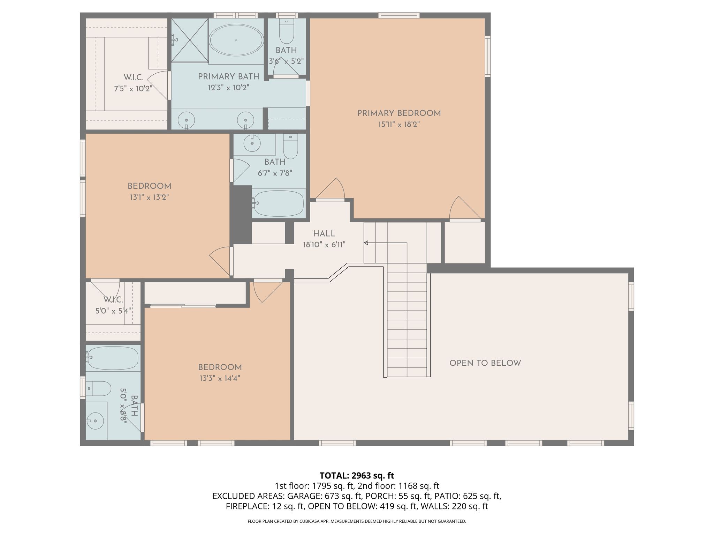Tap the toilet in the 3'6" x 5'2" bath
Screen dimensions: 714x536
pyautogui.click(x=287, y=31)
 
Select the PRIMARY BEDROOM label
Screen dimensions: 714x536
pyautogui.click(x=399, y=113)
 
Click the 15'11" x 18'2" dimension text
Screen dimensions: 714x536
pyautogui.click(x=399, y=125)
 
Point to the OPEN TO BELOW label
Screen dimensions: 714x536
pyautogui.click(x=485, y=363)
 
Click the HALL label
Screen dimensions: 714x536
pyautogui.click(x=324, y=234)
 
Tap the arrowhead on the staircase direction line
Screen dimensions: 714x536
pyautogui.click(x=366, y=243)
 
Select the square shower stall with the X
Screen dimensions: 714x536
pyautogui.click(x=190, y=40)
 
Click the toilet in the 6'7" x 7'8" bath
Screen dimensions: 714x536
pyautogui.click(x=290, y=147)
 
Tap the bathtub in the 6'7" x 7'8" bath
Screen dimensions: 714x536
pyautogui.click(x=279, y=203)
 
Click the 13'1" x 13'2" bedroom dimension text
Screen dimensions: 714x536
pyautogui.click(x=149, y=198)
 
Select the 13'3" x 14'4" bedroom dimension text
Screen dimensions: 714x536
pyautogui.click(x=220, y=378)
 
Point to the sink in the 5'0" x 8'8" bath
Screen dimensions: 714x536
pyautogui.click(x=95, y=421)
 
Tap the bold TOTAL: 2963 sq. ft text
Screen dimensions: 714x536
pyautogui.click(x=357, y=475)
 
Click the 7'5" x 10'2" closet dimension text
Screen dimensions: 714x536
pyautogui.click(x=133, y=89)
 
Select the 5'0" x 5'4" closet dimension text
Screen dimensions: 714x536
pyautogui.click(x=113, y=311)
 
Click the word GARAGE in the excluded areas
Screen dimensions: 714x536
pyautogui.click(x=308, y=496)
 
